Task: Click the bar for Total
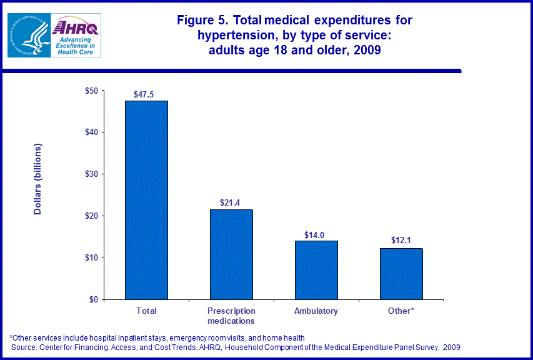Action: pyautogui.click(x=146, y=200)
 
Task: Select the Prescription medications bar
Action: pyautogui.click(x=231, y=254)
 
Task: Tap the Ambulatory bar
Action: pyautogui.click(x=316, y=270)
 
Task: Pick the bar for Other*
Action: pyautogui.click(x=401, y=274)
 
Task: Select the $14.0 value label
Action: pyautogui.click(x=316, y=234)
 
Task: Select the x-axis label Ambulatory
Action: pyautogui.click(x=316, y=311)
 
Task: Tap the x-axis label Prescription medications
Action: pyautogui.click(x=231, y=316)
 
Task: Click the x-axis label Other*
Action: pyautogui.click(x=401, y=311)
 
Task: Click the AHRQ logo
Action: pyautogui.click(x=76, y=35)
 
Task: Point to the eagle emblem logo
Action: pyautogui.click(x=27, y=35)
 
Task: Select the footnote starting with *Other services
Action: pyautogui.click(x=157, y=337)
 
